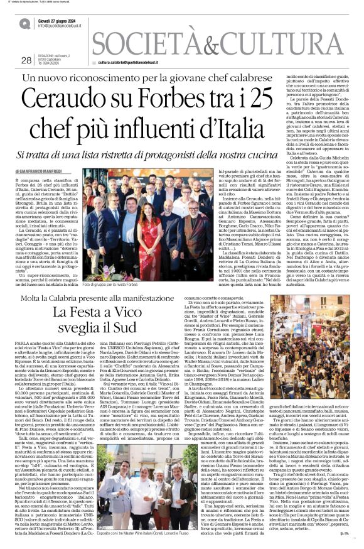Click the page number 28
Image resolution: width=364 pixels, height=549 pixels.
[x=26, y=60]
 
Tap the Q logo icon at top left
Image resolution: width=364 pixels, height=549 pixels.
[x=25, y=24]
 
